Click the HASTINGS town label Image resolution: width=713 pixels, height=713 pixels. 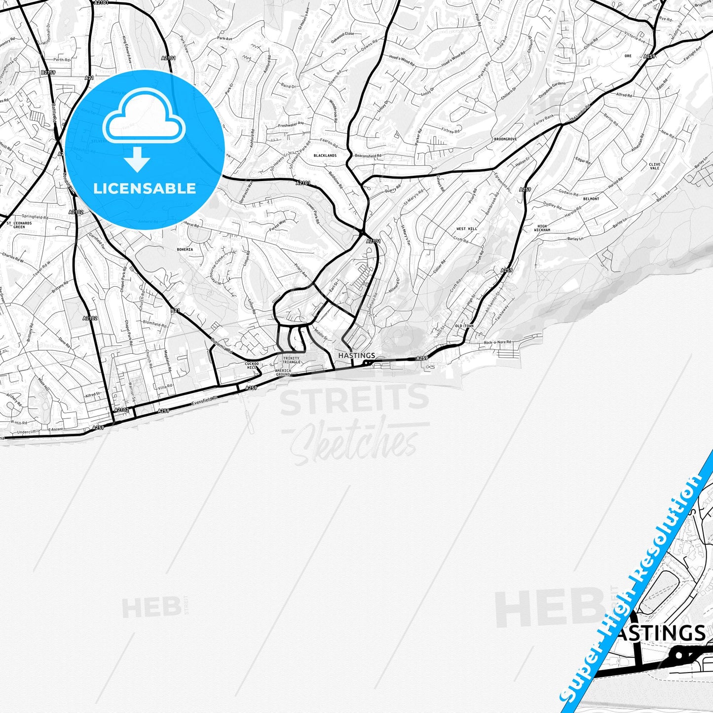click(x=356, y=355)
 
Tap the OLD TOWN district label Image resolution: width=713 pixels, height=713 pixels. click(x=464, y=326)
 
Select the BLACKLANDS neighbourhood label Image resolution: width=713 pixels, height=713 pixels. click(x=325, y=155)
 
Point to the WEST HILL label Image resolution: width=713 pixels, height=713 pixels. click(x=466, y=229)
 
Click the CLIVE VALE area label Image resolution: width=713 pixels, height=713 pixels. click(x=654, y=166)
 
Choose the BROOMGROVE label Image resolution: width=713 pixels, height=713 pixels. click(x=505, y=140)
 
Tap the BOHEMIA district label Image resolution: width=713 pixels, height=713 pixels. click(x=185, y=250)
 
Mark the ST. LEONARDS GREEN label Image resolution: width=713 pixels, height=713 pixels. click(x=19, y=225)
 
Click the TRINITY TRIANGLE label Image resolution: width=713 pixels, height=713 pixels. click(x=291, y=360)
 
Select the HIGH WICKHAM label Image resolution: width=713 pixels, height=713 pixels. click(x=542, y=228)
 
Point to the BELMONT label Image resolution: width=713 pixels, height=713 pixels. click(x=591, y=199)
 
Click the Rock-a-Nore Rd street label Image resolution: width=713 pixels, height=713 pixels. click(x=497, y=342)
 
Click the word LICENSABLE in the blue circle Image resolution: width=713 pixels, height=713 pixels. click(x=145, y=188)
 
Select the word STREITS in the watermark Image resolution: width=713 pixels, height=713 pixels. click(x=354, y=400)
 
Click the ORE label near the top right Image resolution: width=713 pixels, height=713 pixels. click(x=628, y=56)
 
